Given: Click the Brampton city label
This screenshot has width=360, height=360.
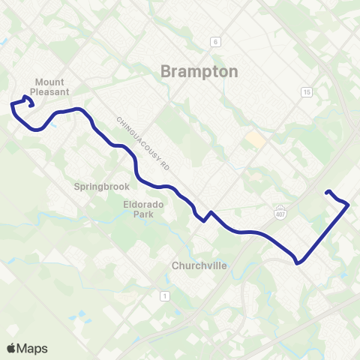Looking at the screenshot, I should click(x=199, y=71).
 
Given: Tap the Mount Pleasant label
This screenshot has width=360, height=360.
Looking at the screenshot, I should click(x=52, y=86).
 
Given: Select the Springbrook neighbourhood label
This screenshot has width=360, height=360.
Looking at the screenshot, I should click(x=102, y=186).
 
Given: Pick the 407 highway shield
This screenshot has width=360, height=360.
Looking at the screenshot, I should click(x=280, y=211).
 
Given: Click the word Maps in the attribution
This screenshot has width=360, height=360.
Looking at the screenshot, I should click(x=32, y=348).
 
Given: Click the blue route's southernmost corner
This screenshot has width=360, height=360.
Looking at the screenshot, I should click(x=298, y=263).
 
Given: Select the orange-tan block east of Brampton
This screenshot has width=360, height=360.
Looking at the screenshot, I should click(x=256, y=139).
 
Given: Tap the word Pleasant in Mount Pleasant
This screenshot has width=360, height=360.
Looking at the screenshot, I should click(x=52, y=91).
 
